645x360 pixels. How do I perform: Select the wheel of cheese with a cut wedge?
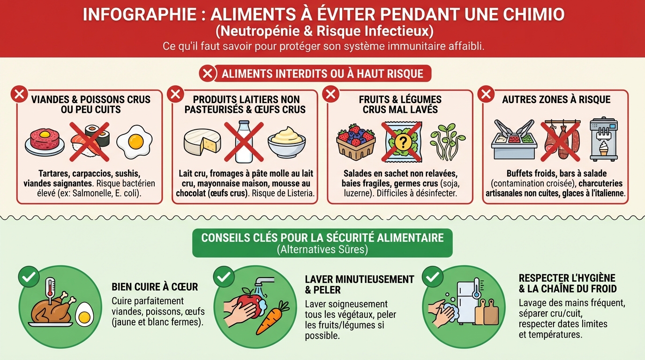[202, 142]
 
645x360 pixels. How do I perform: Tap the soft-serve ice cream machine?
[604, 139]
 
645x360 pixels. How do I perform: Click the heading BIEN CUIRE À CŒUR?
[155, 287]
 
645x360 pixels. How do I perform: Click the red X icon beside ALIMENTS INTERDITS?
[208, 74]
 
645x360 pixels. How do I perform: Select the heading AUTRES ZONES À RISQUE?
[556, 99]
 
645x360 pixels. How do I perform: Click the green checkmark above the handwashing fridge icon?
[433, 277]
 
